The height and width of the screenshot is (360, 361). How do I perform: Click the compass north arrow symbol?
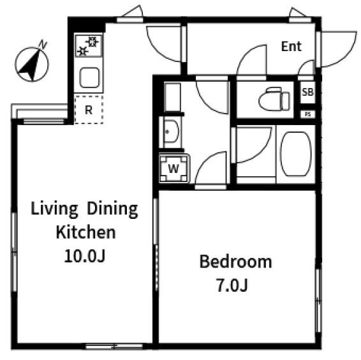(31, 64)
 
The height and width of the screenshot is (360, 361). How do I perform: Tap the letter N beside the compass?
(43, 44)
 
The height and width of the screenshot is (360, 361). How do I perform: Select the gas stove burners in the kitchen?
(89, 46)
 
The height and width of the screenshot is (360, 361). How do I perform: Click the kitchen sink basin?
(89, 78)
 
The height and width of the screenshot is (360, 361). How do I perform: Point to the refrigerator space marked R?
(89, 110)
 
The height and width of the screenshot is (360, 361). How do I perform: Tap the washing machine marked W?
(174, 169)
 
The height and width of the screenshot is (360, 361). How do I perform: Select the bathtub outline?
(295, 154)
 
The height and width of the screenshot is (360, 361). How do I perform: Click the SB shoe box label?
(307, 93)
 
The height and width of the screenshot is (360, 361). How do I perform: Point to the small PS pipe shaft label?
(307, 114)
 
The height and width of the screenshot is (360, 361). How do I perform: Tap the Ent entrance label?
(291, 47)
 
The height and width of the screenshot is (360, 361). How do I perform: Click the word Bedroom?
(235, 262)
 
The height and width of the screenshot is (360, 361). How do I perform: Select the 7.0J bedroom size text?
(232, 285)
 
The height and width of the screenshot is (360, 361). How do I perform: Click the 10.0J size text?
(84, 256)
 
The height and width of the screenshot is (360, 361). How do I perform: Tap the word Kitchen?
(85, 232)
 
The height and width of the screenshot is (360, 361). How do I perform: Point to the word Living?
(54, 209)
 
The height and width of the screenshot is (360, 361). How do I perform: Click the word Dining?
(112, 209)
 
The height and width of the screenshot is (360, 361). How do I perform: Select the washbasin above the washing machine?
(170, 131)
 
